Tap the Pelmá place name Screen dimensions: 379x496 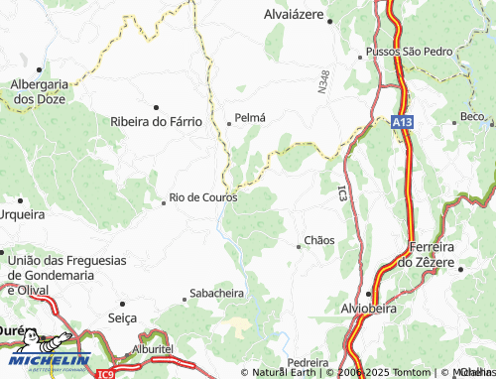250,117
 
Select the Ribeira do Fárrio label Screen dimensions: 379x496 157,121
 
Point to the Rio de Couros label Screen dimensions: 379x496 203,197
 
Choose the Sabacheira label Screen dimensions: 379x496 217,294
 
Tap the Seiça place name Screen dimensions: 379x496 121,317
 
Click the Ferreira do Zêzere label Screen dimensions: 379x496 433,254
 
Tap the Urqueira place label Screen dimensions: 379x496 23,213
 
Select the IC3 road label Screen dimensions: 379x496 342,194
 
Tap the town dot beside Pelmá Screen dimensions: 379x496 229,124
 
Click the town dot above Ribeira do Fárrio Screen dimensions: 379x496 156,106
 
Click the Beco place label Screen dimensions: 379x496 473,116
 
